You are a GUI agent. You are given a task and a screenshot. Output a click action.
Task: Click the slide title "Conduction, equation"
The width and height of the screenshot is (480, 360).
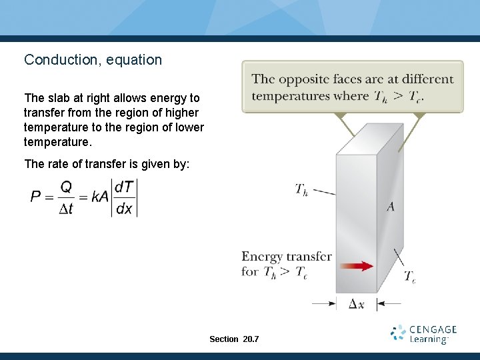click(x=93, y=60)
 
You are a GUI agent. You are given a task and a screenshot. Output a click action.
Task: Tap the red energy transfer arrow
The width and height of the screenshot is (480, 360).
click(x=361, y=265)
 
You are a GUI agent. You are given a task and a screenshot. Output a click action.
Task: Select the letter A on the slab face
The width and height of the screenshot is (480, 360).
click(x=391, y=207)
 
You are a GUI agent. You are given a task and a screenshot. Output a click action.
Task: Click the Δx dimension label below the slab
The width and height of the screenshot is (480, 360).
click(x=357, y=304)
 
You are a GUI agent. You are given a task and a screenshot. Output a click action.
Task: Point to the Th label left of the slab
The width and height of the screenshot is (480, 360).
click(x=301, y=190)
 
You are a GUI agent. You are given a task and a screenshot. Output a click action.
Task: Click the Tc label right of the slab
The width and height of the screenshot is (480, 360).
click(x=410, y=277)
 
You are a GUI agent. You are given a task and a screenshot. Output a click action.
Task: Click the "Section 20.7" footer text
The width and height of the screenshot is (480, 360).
click(x=234, y=339)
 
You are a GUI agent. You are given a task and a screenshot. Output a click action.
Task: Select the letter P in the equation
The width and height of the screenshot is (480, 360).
click(x=36, y=197)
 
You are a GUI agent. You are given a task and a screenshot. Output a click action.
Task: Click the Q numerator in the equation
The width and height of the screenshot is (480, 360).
click(x=66, y=187)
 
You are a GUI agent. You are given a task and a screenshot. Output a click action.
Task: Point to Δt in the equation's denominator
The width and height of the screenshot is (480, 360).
click(x=66, y=208)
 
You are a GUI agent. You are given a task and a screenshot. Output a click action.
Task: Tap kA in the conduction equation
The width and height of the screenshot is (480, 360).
click(x=100, y=197)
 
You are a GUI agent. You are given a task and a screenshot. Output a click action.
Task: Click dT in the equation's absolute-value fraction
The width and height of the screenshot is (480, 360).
click(x=124, y=187)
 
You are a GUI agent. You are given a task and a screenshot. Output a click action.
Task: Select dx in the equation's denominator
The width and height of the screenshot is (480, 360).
click(x=124, y=208)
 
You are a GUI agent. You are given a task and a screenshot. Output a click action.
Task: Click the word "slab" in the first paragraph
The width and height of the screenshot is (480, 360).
click(x=59, y=98)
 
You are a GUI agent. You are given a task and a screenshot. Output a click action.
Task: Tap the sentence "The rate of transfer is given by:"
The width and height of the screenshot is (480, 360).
click(x=107, y=163)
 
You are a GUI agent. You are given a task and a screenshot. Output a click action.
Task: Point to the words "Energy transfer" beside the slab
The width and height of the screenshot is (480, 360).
click(x=287, y=257)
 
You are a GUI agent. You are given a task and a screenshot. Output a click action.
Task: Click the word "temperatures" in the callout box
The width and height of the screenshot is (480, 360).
click(x=291, y=96)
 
